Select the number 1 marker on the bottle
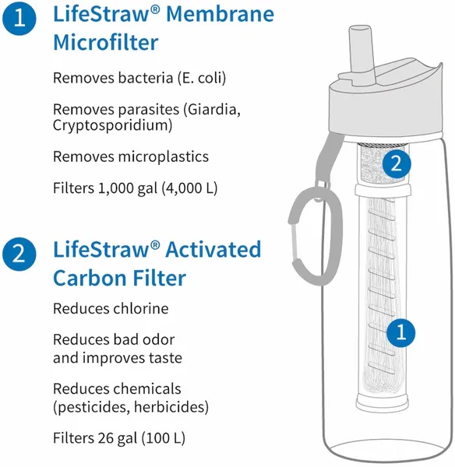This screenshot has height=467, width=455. click(400, 333)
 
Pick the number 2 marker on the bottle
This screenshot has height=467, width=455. click(397, 163)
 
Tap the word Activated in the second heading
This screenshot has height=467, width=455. click(211, 250)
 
